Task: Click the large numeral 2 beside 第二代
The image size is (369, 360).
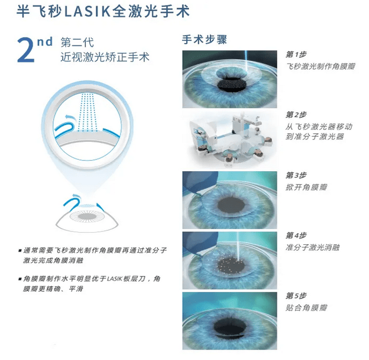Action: [28, 51]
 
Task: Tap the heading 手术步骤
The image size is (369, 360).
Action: [204, 40]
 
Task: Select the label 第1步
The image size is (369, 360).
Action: [296, 54]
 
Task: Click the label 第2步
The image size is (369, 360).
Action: [296, 115]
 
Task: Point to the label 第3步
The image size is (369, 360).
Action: [296, 175]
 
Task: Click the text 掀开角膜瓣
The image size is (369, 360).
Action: [306, 187]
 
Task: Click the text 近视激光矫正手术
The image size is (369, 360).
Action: [105, 57]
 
